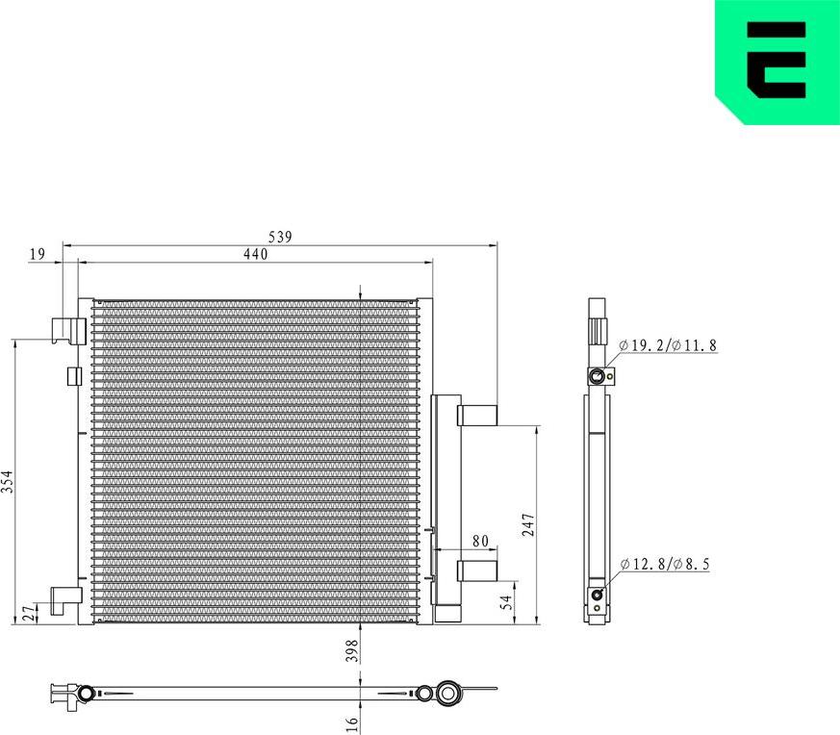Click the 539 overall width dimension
[x=280, y=237]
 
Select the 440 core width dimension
[x=254, y=254]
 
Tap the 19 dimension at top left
[x=38, y=254]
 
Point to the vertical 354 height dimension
[x=8, y=481]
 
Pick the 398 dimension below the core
[x=352, y=651]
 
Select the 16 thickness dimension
[x=352, y=720]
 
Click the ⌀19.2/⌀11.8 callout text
[x=669, y=345]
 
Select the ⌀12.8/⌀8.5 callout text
[x=665, y=564]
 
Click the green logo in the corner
[x=776, y=61]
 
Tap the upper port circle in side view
[x=598, y=376]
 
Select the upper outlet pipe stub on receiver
[x=476, y=416]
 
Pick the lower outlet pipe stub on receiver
[x=476, y=570]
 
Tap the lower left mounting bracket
[x=65, y=598]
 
